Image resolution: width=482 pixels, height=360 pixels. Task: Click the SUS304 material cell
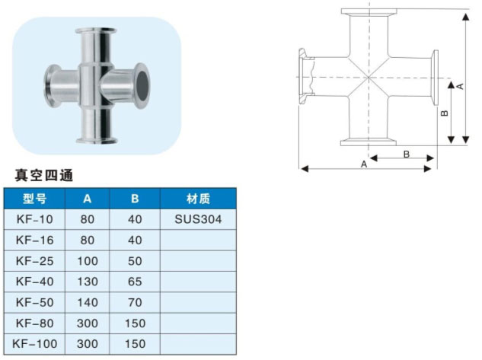[x=198, y=219]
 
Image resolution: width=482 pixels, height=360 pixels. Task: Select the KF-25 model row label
[x=35, y=261]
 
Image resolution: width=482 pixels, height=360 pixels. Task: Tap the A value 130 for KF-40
[x=88, y=282]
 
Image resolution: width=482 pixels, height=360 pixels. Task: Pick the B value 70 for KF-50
[x=135, y=303]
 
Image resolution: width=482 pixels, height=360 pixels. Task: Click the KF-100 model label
[x=35, y=344]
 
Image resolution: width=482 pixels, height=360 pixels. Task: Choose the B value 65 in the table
[x=135, y=282]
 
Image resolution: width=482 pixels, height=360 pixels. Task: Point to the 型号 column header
[x=34, y=199]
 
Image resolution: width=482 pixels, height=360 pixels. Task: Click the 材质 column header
[x=198, y=199]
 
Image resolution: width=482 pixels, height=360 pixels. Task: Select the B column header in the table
[x=135, y=199]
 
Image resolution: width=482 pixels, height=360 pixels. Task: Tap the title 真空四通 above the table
[x=44, y=175]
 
